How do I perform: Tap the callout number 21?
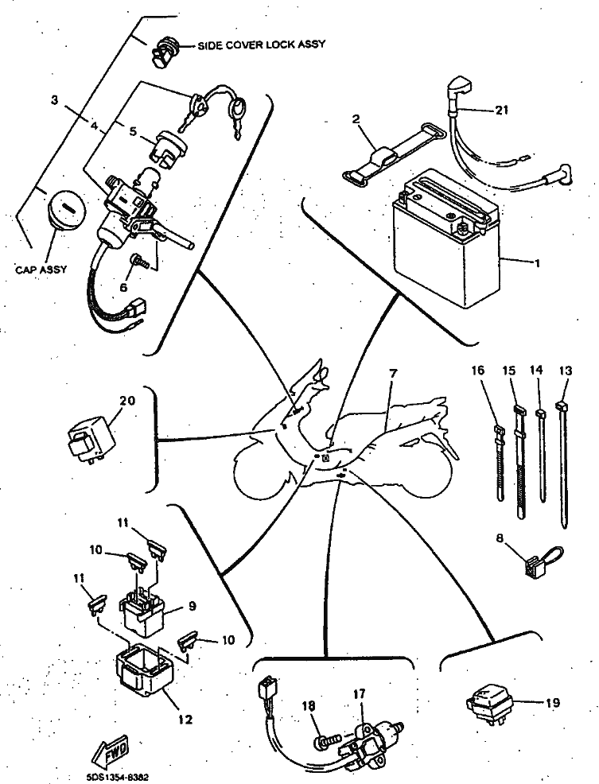pyautogui.click(x=500, y=111)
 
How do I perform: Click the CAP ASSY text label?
pyautogui.click(x=41, y=269)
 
